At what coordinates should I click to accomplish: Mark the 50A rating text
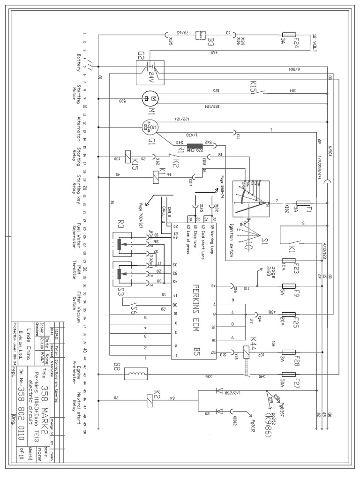[x=282, y=374]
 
